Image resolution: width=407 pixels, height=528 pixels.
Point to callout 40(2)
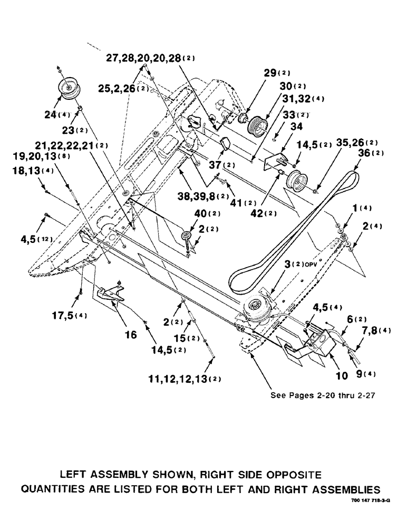195,213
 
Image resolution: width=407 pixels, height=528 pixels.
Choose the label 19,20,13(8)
46,157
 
